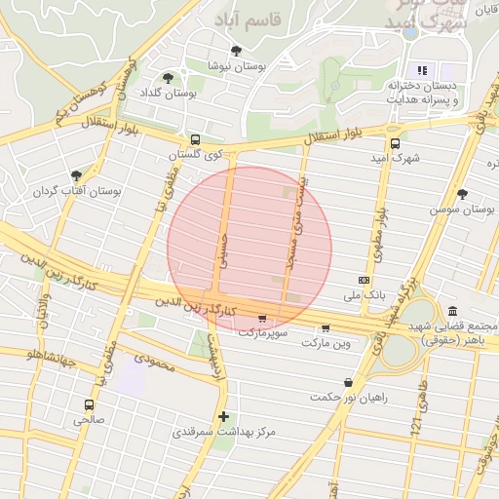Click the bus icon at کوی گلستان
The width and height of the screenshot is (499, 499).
click(x=196, y=139)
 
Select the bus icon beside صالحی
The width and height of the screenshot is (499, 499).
click(x=90, y=404)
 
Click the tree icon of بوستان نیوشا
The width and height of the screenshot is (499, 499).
click(x=235, y=51)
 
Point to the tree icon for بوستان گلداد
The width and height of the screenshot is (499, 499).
click(x=168, y=78)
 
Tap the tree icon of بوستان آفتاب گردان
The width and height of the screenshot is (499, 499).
click(x=76, y=175)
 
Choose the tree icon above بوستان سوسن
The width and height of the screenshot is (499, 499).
click(x=462, y=193)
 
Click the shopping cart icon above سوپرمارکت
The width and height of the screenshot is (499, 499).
click(x=262, y=318)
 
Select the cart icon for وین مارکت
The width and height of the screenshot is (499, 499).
click(x=326, y=327)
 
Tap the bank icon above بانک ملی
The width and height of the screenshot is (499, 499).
click(x=364, y=280)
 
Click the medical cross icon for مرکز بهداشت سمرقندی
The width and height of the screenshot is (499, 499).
click(x=223, y=416)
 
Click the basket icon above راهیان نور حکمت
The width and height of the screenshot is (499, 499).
click(x=348, y=382)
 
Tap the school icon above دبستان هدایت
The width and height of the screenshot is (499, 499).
click(x=423, y=70)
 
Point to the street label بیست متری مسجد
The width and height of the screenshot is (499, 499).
click(x=290, y=222)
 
